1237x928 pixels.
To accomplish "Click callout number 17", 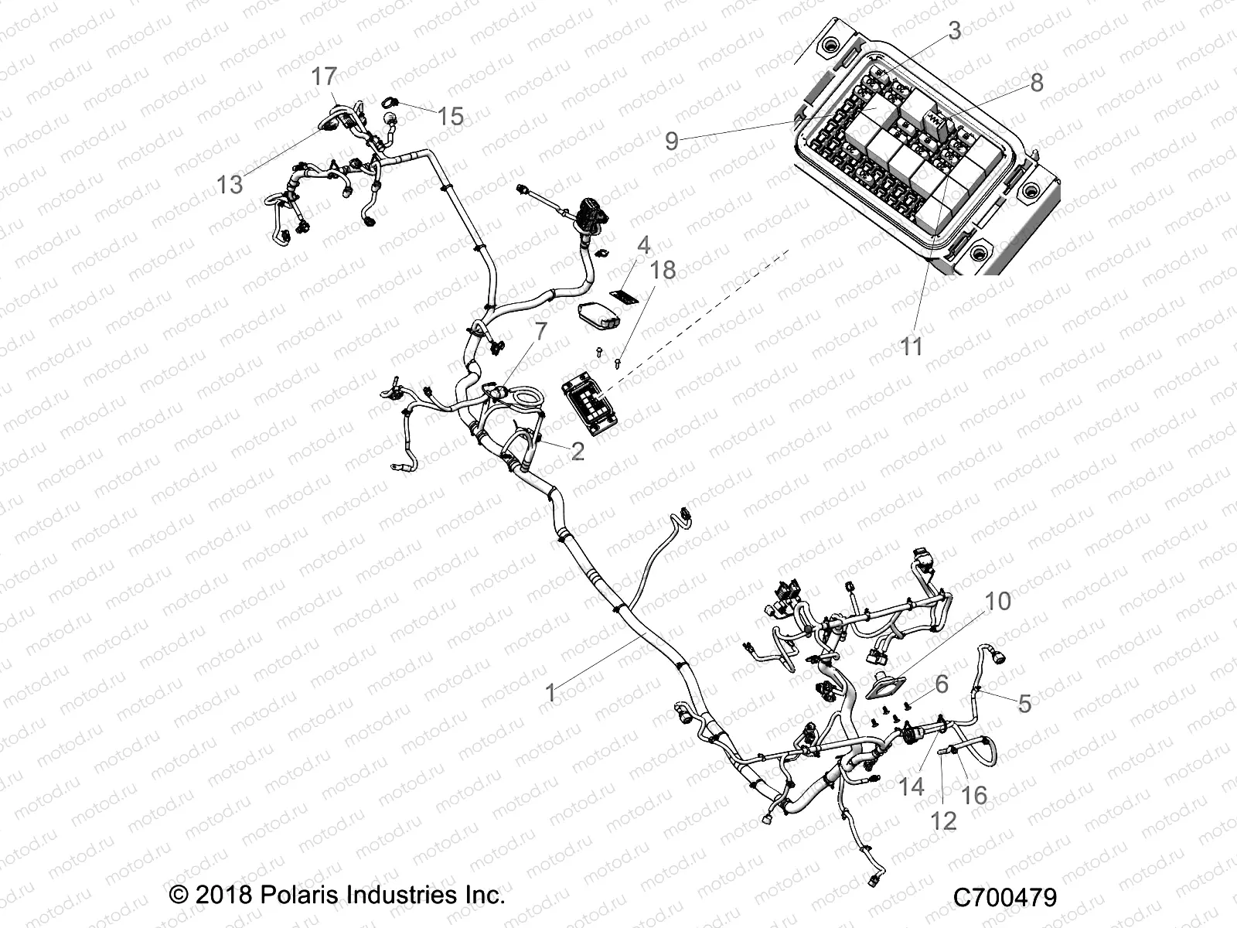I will tap(324, 77).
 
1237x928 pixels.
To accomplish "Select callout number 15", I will tap(450, 117).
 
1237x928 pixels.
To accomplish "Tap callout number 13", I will tap(230, 184).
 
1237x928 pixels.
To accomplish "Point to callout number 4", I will tap(643, 247).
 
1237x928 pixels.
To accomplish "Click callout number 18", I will tap(663, 270).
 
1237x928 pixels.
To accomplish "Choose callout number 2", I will tap(578, 451).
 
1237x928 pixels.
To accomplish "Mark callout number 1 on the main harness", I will tap(550, 693).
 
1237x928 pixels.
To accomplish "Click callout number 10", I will tap(999, 601).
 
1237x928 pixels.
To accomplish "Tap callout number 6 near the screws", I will tap(941, 684).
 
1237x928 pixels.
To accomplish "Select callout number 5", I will tap(1024, 704).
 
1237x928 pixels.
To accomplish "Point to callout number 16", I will tap(974, 794).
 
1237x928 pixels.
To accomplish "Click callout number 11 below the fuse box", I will tap(912, 346).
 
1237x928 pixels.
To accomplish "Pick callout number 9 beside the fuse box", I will tap(672, 141).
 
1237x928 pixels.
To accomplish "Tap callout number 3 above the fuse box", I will tap(955, 31).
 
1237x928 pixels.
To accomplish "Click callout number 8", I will tap(1037, 83).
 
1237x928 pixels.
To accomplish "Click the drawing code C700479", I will tap(1004, 898).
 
